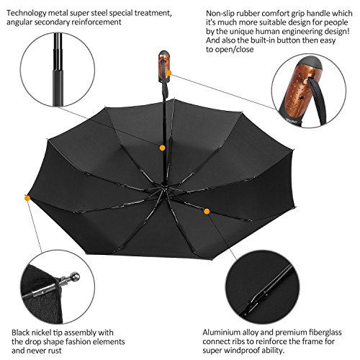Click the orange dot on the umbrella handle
[168, 73]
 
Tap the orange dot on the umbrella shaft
[163, 148]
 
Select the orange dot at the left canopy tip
[27, 198]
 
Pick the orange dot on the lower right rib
[207, 212]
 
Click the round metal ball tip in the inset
[74, 276]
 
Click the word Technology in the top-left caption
[26, 14]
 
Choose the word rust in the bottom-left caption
[55, 351]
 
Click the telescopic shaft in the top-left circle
[58, 70]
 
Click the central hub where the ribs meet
[163, 189]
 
